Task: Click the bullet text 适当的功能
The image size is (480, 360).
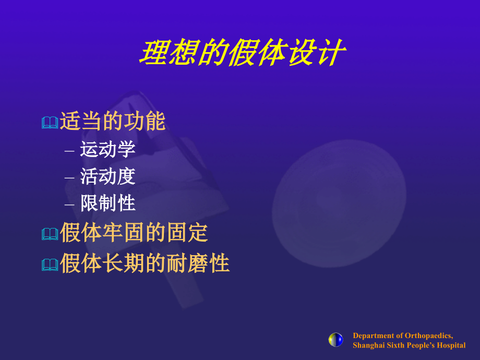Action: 113,122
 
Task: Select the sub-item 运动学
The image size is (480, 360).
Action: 108,150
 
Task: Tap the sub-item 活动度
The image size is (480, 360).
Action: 108,176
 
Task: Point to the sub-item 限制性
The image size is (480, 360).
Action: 108,203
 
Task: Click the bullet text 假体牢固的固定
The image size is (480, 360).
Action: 134,233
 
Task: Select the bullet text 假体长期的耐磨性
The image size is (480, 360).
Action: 145,263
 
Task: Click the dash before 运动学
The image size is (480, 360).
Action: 69,151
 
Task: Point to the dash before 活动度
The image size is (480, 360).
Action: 69,177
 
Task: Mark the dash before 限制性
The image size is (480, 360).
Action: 69,204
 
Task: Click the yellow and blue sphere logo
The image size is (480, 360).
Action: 336,340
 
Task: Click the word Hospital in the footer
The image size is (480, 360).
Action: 450,345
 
